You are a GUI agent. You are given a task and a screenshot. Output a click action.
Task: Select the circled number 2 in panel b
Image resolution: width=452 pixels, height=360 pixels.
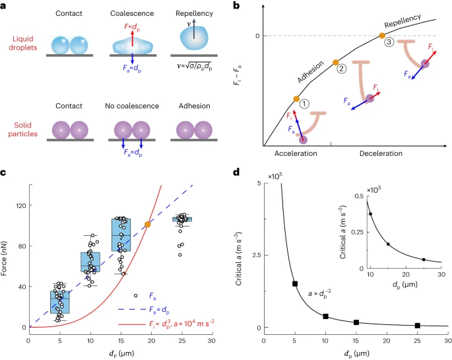(341, 68)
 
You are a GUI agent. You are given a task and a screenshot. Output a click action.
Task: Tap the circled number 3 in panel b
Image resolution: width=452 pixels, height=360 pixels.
(389, 42)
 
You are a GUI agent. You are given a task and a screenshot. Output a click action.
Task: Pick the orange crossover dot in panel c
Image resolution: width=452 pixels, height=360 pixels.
(148, 225)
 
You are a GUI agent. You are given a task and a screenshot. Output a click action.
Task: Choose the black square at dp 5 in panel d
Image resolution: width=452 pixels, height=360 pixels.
(294, 283)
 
